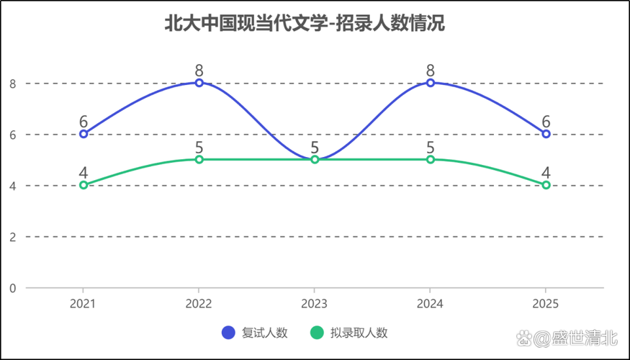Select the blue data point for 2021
pos(84,134)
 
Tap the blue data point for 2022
pos(199,83)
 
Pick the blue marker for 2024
pos(431,83)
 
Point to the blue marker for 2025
pos(546,134)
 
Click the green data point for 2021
pos(84,185)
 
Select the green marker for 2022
pos(199,159)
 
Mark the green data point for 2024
pos(431,159)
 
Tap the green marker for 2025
pos(546,185)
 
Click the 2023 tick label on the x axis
pos(315,304)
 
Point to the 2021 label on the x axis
pos(84,304)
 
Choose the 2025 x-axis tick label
pos(546,304)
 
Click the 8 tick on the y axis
pos(12,84)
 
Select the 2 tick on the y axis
pos(12,237)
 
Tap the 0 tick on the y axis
pos(12,288)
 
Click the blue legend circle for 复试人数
pos(229,333)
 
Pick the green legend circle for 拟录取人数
pos(316,333)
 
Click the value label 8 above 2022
pos(199,71)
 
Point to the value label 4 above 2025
pos(546,173)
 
